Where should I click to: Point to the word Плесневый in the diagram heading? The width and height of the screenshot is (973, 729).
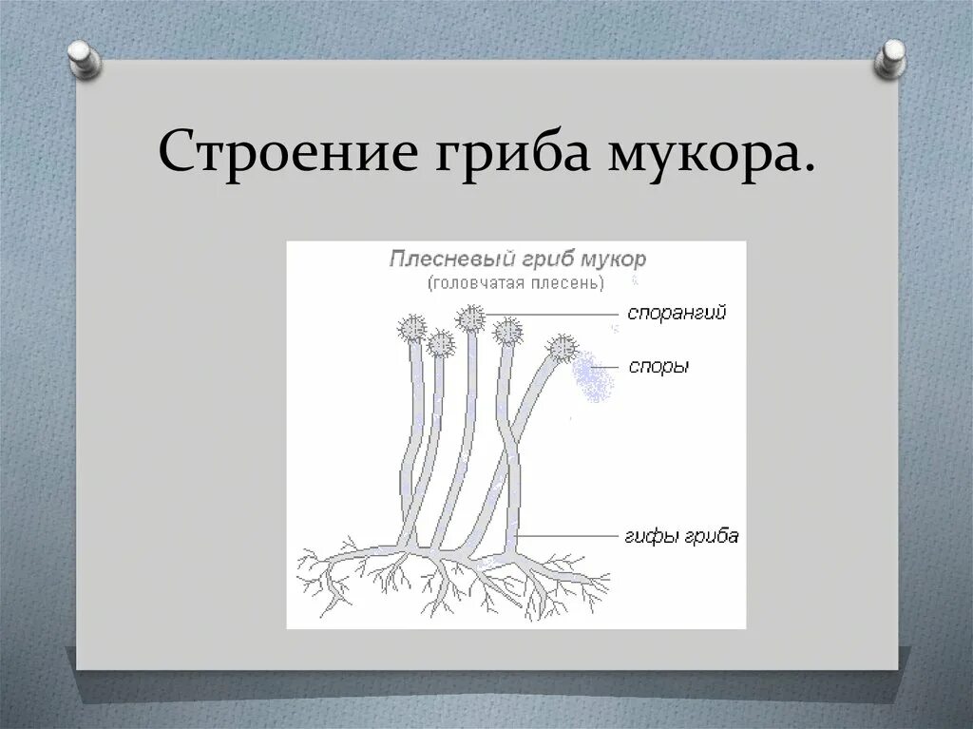[x=452, y=259]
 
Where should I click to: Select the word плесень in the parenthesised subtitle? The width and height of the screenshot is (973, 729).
[x=566, y=282]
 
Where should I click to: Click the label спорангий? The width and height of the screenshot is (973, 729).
[x=676, y=314]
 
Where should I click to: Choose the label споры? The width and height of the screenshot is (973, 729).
[x=658, y=367]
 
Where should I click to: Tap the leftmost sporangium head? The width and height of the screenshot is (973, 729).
[x=412, y=329]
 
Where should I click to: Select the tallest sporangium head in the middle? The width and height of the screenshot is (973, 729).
[x=470, y=317]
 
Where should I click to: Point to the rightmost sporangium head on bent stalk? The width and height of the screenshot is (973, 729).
[x=563, y=349]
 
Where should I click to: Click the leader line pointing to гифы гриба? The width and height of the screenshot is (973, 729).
[x=570, y=536]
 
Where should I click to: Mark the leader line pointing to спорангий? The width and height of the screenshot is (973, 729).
[x=551, y=315]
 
